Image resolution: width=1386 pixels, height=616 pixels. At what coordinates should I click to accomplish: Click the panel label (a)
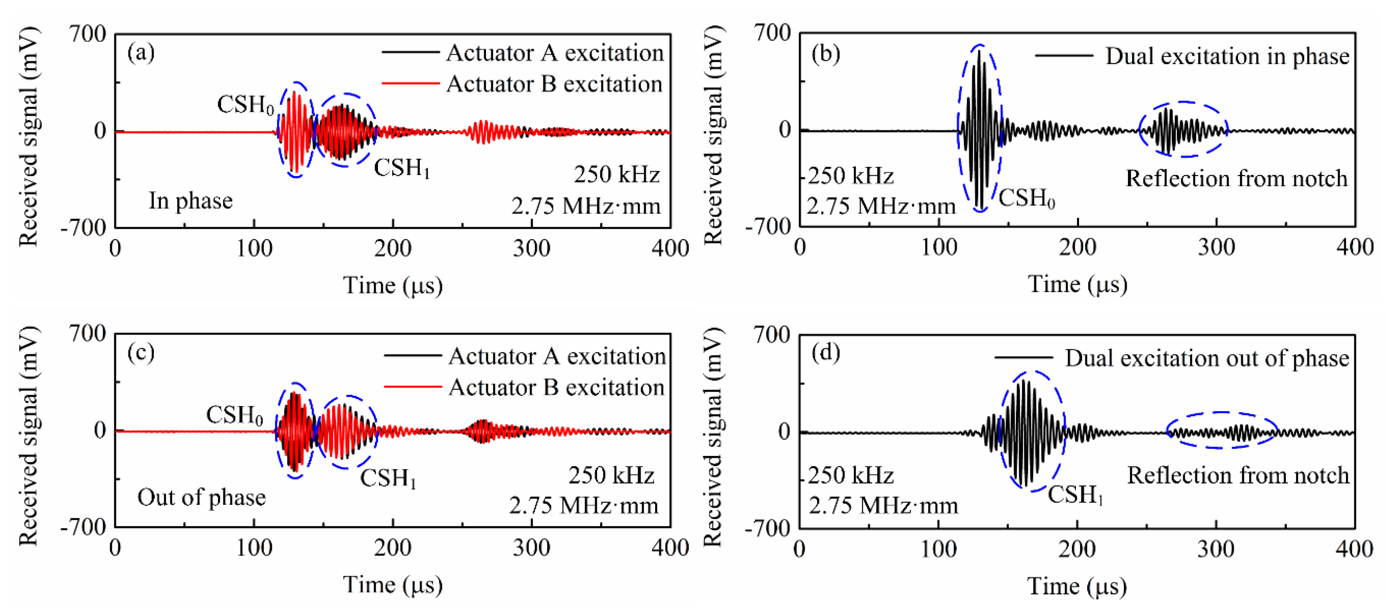click(x=141, y=53)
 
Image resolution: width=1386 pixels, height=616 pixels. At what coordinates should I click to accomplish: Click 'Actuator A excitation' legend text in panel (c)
click(x=557, y=356)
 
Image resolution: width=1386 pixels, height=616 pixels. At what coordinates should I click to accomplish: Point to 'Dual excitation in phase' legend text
click(x=1227, y=56)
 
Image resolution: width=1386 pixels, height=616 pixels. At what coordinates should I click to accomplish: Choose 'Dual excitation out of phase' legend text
click(x=1207, y=358)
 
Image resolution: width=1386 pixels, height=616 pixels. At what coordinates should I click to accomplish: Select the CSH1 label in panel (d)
click(x=1075, y=494)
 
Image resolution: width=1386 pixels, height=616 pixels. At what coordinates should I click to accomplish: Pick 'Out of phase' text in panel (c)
click(x=201, y=497)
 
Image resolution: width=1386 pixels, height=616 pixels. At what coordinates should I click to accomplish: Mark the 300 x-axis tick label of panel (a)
click(x=531, y=249)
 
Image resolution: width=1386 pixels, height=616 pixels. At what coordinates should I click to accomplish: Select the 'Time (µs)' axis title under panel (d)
click(x=1077, y=586)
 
